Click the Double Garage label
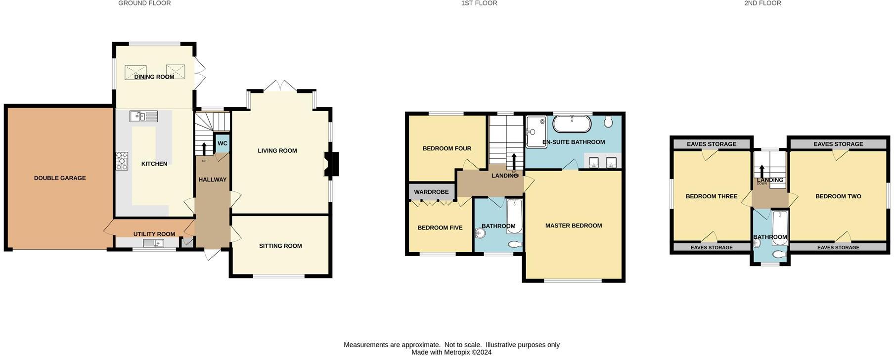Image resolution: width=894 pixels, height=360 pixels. click(x=60, y=178)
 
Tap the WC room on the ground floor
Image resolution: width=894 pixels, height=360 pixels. click(x=223, y=143)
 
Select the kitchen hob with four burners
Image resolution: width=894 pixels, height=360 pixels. click(x=121, y=161)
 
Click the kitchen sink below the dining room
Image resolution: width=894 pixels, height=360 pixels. click(x=143, y=117)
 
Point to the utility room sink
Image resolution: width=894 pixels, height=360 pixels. click(x=153, y=243)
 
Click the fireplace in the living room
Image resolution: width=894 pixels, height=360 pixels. click(x=332, y=164)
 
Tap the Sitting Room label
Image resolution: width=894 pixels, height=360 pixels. click(x=280, y=246)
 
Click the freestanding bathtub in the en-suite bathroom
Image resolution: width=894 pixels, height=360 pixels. click(x=572, y=124)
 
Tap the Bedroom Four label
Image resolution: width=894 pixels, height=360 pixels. click(x=447, y=148)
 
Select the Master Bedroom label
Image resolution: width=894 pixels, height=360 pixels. click(x=574, y=225)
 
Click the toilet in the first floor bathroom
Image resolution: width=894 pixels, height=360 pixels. click(x=514, y=244)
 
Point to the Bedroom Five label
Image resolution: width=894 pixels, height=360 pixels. click(x=440, y=228)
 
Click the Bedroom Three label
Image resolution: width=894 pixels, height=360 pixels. click(x=712, y=196)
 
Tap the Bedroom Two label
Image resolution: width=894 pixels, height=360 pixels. click(x=838, y=196)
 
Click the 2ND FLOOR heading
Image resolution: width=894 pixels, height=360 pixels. click(x=762, y=3)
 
